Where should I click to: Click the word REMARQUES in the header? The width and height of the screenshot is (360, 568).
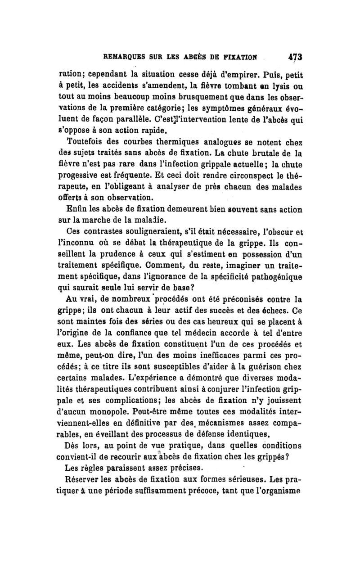[126, 58]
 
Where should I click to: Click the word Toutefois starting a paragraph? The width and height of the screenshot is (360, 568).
[83, 140]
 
